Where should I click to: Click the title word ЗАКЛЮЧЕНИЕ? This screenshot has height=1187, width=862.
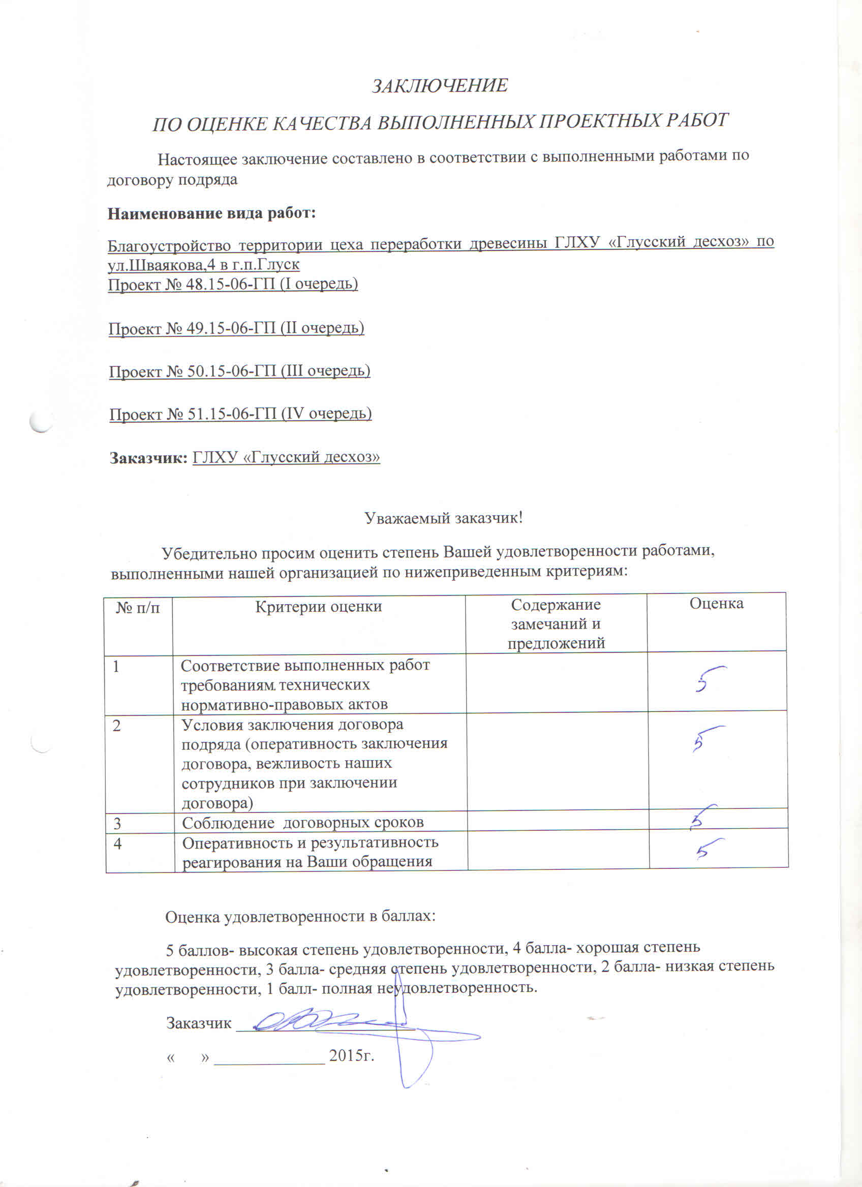click(440, 85)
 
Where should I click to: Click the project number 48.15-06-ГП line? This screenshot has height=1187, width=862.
click(232, 284)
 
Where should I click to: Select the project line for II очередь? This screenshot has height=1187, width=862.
click(236, 328)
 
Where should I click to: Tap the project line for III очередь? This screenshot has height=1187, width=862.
click(239, 371)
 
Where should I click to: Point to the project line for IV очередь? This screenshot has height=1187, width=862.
click(240, 414)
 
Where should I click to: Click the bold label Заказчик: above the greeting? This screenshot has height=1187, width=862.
click(148, 457)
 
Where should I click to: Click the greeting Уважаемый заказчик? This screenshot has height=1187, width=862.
click(443, 518)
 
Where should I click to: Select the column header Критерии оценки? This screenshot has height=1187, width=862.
click(318, 607)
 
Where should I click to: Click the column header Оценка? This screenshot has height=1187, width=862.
click(716, 604)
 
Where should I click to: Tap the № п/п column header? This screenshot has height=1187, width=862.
click(138, 607)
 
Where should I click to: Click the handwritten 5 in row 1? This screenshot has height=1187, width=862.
click(706, 679)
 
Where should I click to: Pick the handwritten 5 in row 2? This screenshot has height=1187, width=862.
click(704, 738)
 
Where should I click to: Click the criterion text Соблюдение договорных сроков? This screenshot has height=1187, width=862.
click(302, 823)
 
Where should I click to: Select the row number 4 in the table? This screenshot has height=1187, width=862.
click(117, 844)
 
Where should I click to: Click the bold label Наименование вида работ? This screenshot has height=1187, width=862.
click(211, 213)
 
